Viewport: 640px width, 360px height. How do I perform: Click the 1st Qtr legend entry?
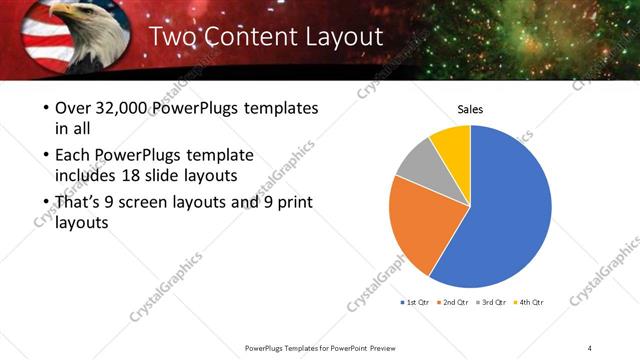coord(417,301)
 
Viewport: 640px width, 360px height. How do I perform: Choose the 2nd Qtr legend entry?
coord(456,301)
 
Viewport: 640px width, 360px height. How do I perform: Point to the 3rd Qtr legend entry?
coord(494,301)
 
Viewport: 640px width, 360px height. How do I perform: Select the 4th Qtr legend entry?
coord(531,301)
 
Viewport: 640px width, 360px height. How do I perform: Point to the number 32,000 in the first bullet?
coord(124,107)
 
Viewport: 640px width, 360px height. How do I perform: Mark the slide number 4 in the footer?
coord(589,347)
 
